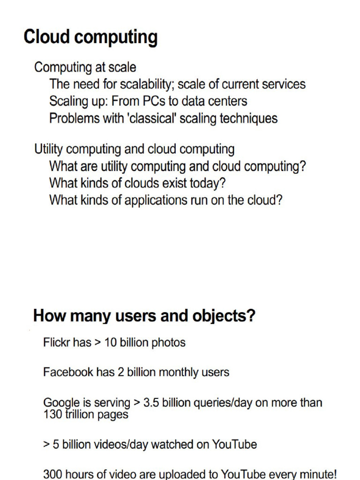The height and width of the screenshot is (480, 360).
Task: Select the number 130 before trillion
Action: [52, 414]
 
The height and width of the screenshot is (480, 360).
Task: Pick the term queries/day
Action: [222, 403]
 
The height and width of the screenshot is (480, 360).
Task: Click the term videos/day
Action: [98, 444]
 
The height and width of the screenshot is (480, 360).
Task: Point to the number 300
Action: [52, 474]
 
